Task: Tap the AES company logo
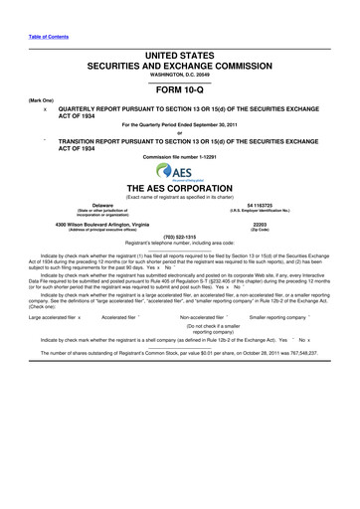[x=180, y=172]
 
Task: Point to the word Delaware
[x=93, y=205]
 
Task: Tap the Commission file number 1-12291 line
[x=180, y=159]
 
